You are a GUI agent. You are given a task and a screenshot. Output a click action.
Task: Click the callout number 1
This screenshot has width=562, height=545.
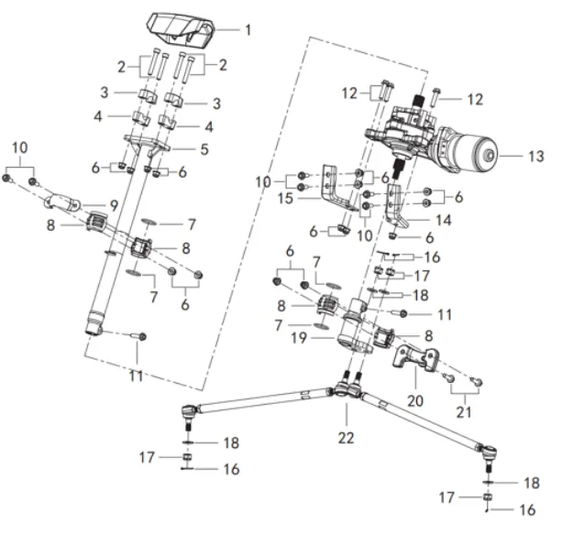click(247, 30)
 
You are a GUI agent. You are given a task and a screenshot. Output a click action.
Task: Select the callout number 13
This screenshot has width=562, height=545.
click(535, 157)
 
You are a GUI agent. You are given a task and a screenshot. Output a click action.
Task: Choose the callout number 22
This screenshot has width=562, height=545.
click(345, 439)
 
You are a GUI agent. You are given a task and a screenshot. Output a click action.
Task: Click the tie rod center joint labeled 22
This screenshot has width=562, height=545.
click(345, 393)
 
